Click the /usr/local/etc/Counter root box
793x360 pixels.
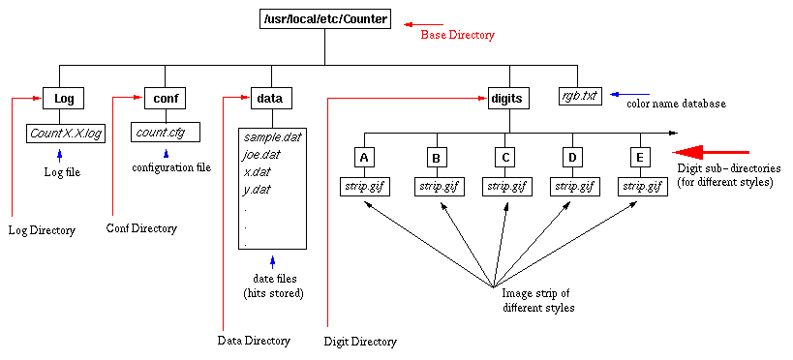click(x=326, y=19)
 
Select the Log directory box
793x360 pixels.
click(x=64, y=98)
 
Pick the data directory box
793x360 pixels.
click(x=268, y=98)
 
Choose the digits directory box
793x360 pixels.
click(x=506, y=98)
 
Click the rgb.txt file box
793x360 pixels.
click(x=580, y=96)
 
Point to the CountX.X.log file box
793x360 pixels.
click(x=66, y=132)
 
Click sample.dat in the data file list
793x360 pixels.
click(x=272, y=137)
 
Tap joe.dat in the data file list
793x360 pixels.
click(x=264, y=155)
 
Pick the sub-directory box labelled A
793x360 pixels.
click(x=364, y=156)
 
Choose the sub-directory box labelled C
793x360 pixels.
click(x=504, y=156)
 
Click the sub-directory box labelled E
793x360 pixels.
click(x=639, y=156)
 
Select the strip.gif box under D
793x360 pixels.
click(x=574, y=185)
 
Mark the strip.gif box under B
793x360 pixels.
click(x=439, y=185)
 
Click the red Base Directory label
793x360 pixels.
click(x=457, y=35)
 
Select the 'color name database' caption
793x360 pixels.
click(x=676, y=103)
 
